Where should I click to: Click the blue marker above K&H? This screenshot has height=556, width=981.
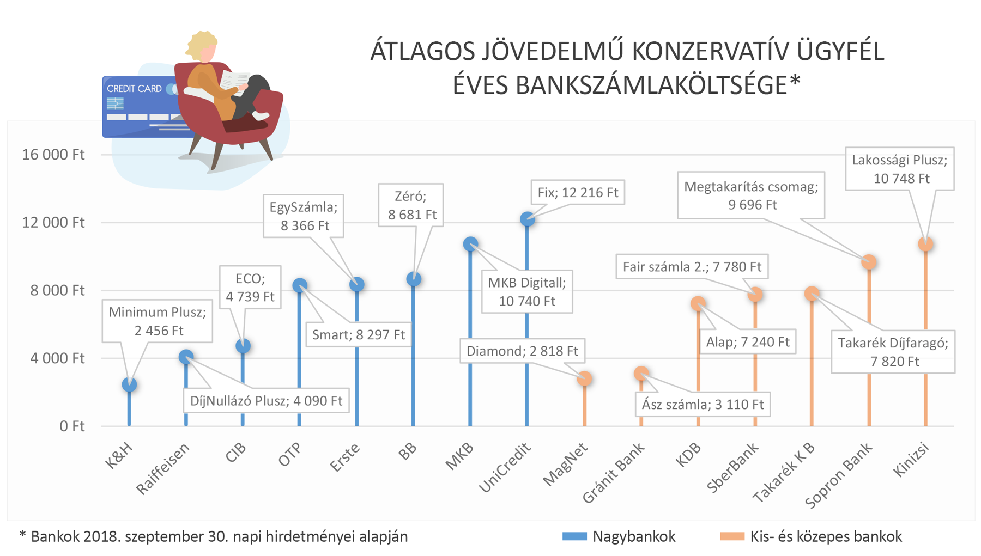click(129, 384)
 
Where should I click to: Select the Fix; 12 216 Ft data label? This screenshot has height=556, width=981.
click(578, 193)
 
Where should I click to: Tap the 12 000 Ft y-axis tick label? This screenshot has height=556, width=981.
click(53, 222)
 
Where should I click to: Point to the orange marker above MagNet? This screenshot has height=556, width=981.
click(584, 378)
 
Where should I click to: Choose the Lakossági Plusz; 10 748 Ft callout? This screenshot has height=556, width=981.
click(900, 169)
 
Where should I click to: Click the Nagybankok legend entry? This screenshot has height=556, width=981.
click(619, 536)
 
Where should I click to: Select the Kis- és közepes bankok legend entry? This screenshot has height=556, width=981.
click(812, 536)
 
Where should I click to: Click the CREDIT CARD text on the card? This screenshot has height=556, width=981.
click(134, 89)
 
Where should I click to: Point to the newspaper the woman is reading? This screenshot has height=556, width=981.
click(234, 82)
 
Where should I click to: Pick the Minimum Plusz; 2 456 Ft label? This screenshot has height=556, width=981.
click(158, 321)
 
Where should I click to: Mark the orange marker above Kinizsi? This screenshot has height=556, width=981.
click(925, 243)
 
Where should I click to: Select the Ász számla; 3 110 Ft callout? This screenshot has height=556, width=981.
click(703, 404)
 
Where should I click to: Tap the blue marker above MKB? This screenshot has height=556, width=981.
click(470, 244)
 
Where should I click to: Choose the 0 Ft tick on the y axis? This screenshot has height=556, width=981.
click(72, 426)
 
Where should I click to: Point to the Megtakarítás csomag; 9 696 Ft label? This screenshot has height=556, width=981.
click(751, 195)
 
